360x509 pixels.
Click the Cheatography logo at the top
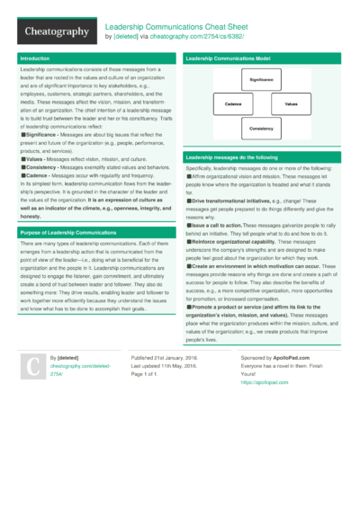(x=57, y=31)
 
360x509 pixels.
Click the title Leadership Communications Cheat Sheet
(x=175, y=27)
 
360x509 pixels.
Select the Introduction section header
(x=35, y=58)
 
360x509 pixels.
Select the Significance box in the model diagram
(x=260, y=79)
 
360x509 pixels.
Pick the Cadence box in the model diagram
(x=233, y=104)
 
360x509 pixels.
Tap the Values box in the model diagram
(x=291, y=104)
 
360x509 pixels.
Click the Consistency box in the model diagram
(x=261, y=129)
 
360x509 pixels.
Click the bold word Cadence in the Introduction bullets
(x=37, y=174)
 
